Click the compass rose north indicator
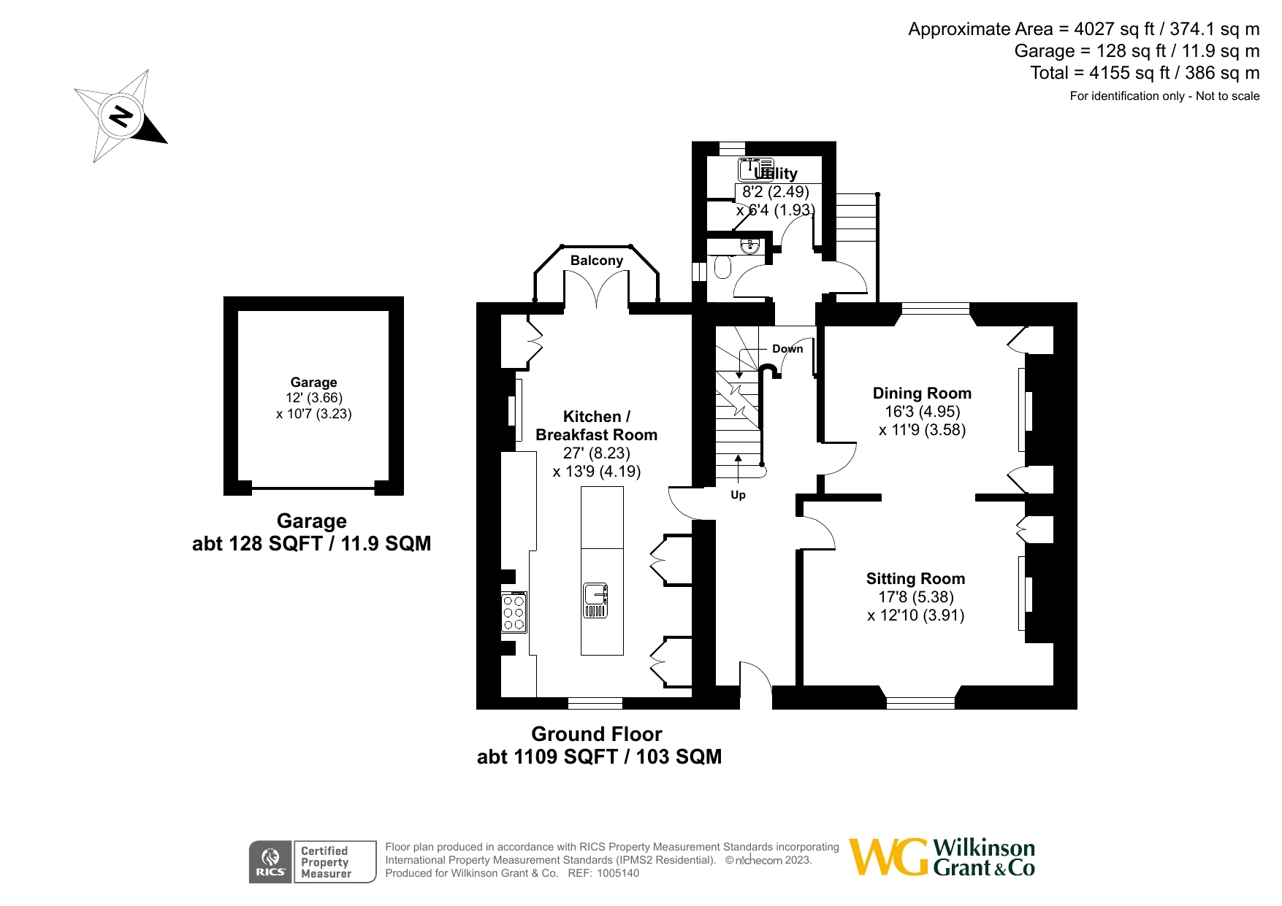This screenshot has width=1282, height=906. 121,116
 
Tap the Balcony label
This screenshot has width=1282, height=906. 596,261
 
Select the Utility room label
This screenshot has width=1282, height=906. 776,174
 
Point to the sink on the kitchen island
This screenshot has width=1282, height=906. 595,600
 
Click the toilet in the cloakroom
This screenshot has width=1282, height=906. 722,267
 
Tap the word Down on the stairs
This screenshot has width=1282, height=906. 787,349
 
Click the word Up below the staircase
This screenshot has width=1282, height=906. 738,495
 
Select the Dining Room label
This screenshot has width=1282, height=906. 922,394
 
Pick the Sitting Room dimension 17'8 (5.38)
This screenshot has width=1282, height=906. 916,597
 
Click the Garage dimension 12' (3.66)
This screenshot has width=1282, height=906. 314,398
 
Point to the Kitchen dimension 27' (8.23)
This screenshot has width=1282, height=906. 596,453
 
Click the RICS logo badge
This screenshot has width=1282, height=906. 270,862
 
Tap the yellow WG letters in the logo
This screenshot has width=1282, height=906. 888,857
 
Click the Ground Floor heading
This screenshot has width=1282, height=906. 596,734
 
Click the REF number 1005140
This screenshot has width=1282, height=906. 618,873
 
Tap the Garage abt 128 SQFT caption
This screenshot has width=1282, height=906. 312,543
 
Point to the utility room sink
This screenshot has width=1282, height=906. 754,169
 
